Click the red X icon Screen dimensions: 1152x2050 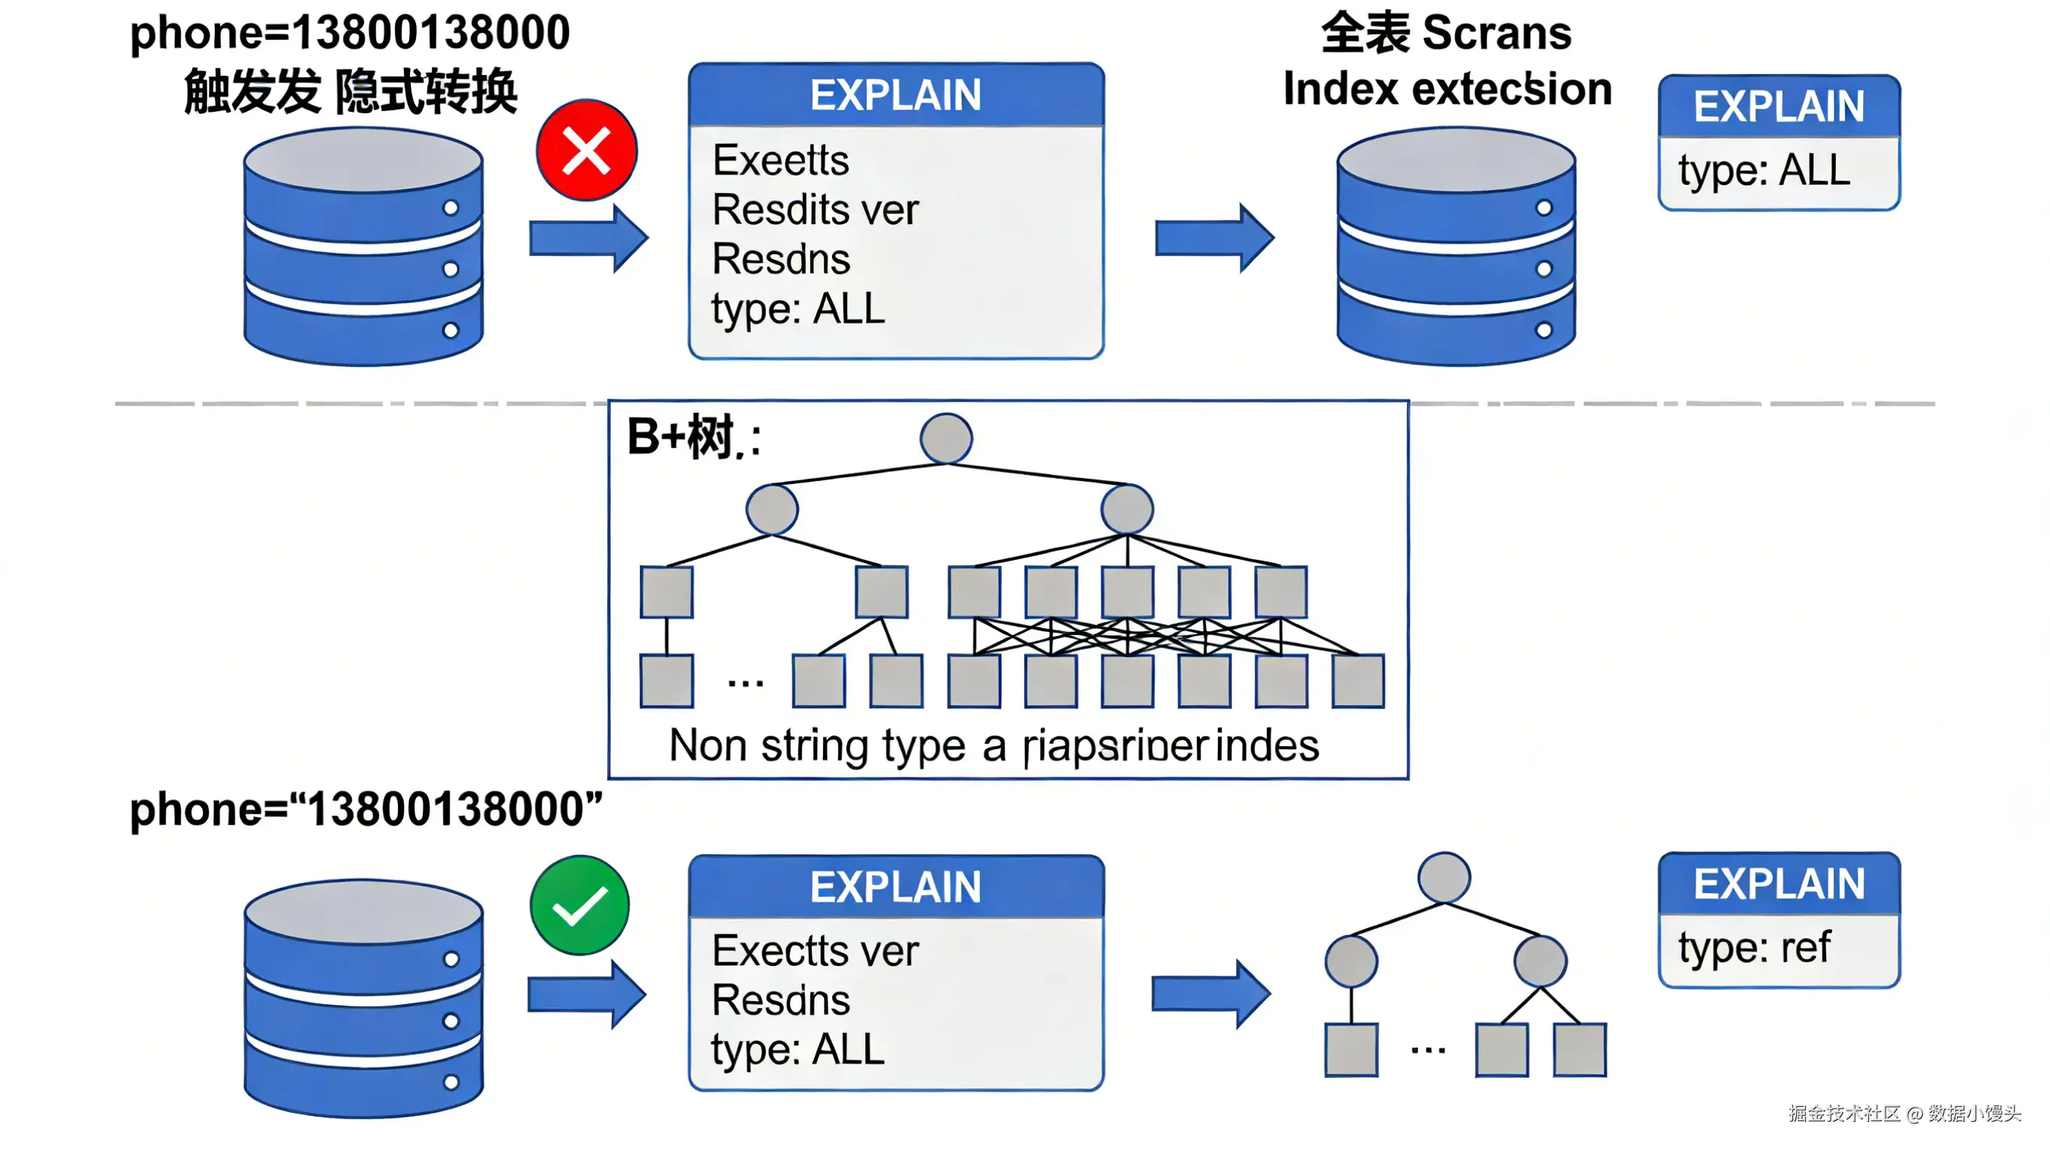[x=586, y=150]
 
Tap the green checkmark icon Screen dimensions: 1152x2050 [x=580, y=905]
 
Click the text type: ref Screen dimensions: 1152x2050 [x=1754, y=948]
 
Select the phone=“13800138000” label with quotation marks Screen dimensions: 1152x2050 [x=366, y=810]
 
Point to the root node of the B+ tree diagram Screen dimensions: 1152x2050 [x=945, y=438]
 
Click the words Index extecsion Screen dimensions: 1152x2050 [x=1447, y=89]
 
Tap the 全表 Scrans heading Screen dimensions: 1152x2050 [x=1446, y=34]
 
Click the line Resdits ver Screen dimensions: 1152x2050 [x=815, y=210]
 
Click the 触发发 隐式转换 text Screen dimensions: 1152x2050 [x=350, y=92]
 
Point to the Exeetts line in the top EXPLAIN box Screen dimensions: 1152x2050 [x=781, y=161]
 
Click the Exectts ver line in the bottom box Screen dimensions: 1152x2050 [x=815, y=951]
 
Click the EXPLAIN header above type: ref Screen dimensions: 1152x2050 [x=1779, y=884]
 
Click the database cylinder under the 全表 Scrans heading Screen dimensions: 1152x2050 [x=1455, y=247]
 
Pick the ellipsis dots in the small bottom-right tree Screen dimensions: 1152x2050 [x=1427, y=1051]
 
